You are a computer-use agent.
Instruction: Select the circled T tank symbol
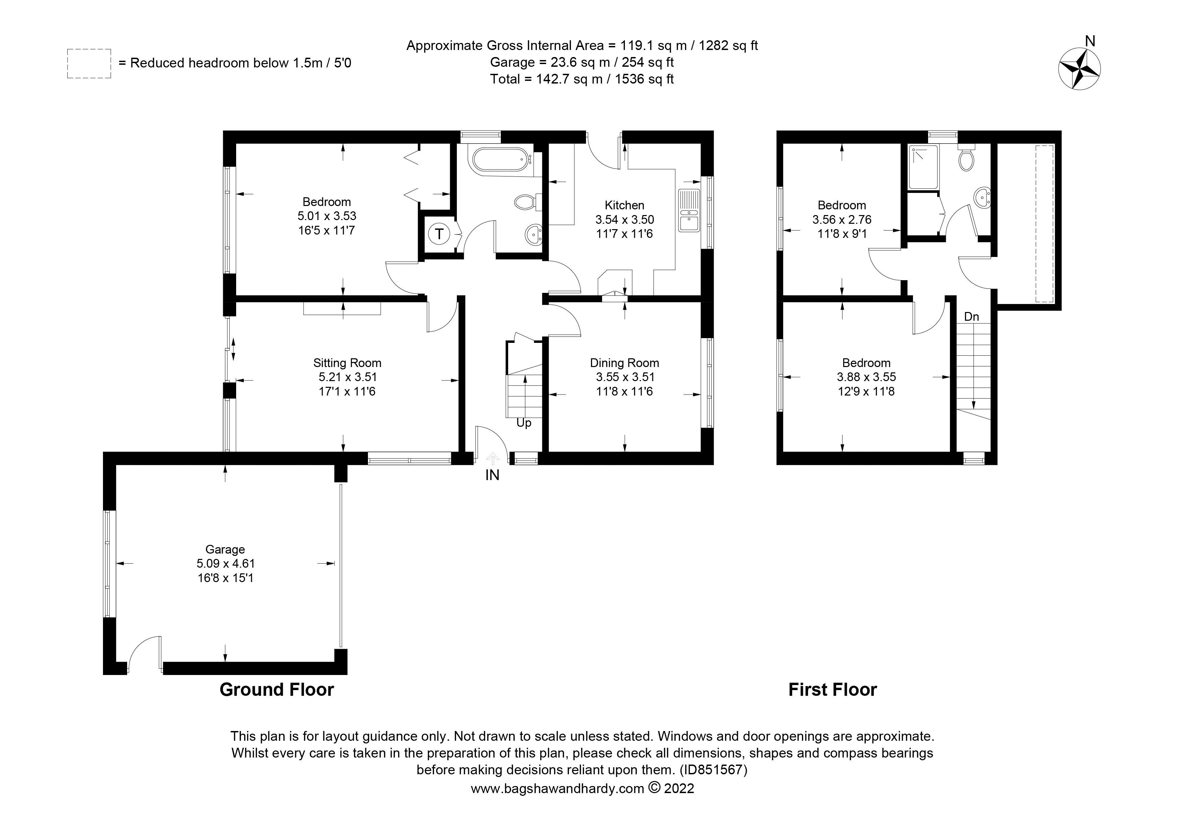point(439,234)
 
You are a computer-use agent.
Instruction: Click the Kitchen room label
point(624,205)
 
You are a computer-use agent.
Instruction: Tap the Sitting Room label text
point(347,363)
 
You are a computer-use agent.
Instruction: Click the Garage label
point(225,550)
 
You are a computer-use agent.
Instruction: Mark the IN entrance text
point(492,475)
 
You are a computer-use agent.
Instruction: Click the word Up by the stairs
point(523,423)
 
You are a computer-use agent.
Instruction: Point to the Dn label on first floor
point(971,317)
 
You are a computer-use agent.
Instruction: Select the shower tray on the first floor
point(923,167)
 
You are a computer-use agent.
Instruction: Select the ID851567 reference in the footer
point(713,770)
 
